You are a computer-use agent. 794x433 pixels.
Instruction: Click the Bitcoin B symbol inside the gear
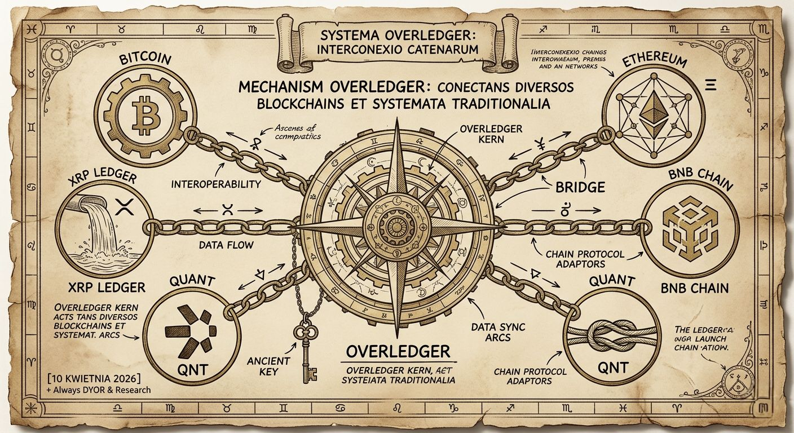(144, 111)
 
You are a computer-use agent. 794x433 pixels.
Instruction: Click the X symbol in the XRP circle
(122, 207)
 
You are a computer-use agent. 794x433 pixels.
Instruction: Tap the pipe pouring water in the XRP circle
(90, 201)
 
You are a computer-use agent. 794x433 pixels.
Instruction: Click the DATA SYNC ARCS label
(497, 332)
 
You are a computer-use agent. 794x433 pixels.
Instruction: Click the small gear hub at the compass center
(397, 227)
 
